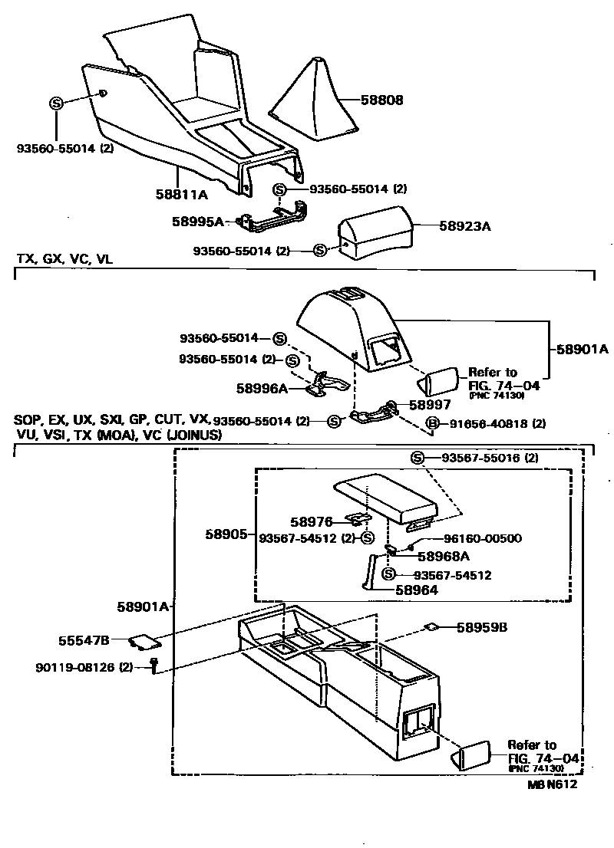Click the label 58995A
[197, 222]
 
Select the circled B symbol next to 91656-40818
[433, 423]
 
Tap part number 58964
[417, 590]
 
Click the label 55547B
[84, 639]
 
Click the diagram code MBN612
[552, 784]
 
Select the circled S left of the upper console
[56, 104]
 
